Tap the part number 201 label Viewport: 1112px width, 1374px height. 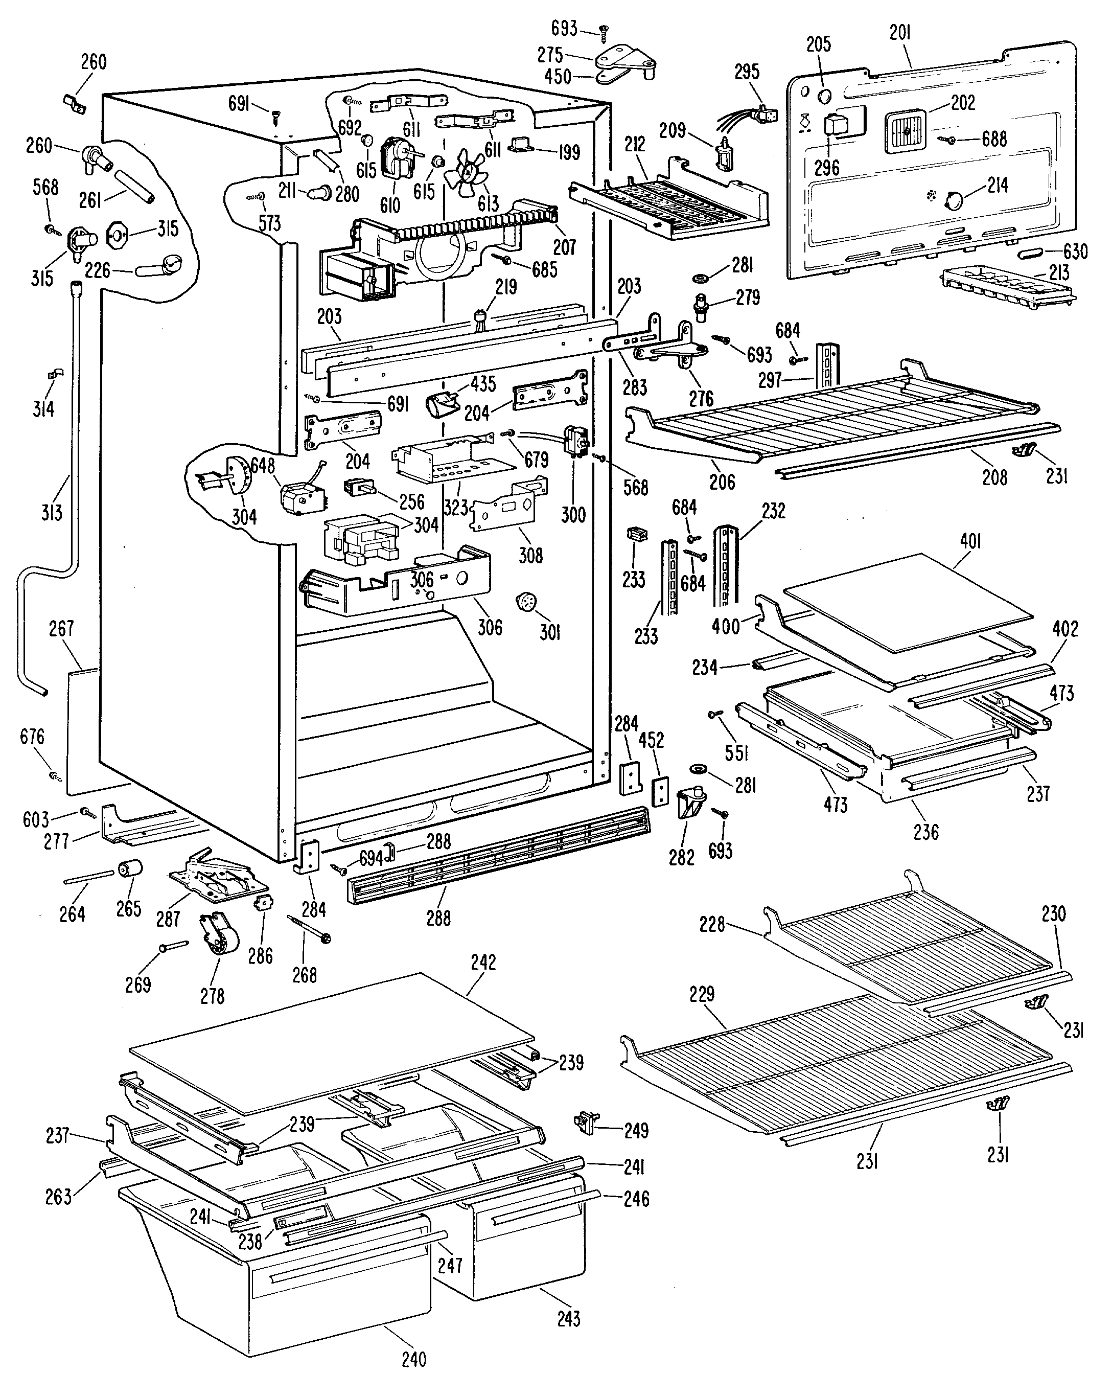coord(900,33)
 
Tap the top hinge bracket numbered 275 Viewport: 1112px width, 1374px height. coord(624,59)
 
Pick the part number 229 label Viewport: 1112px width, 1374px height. coord(702,994)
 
